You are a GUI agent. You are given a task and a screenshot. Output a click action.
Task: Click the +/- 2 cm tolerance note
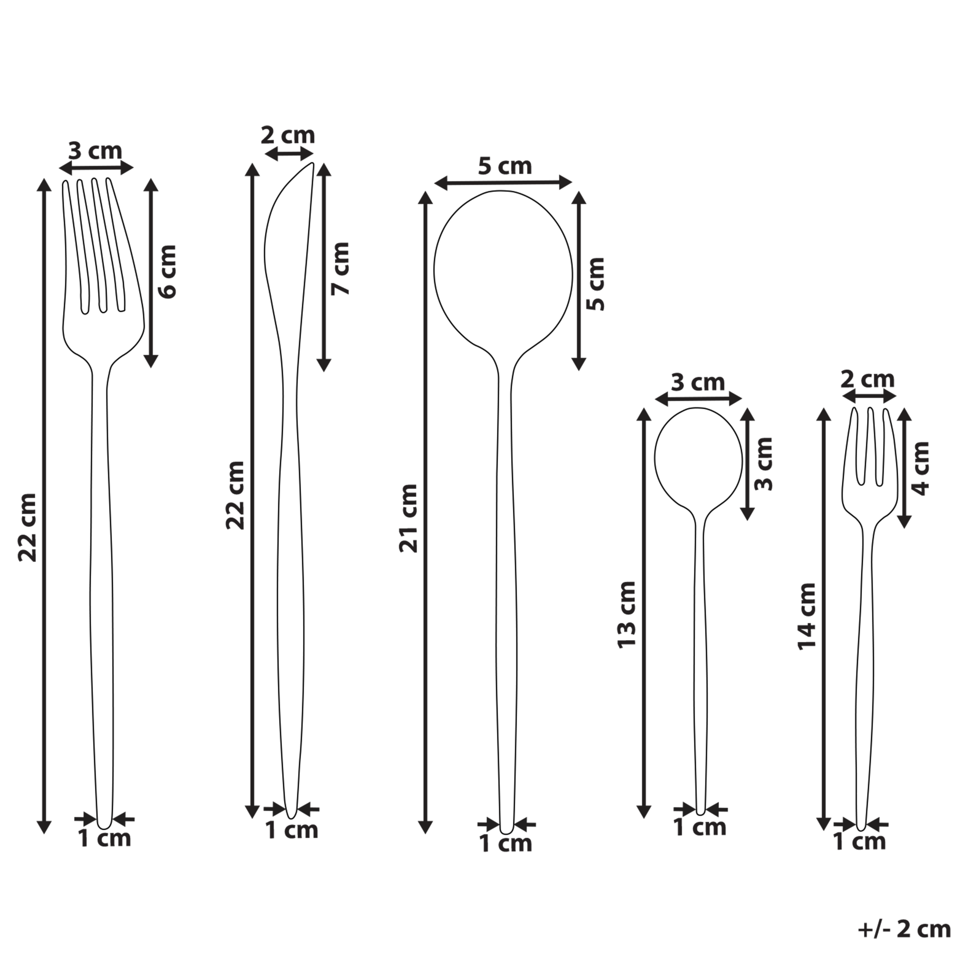[904, 929]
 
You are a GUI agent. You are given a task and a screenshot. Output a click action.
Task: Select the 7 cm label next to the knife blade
[340, 269]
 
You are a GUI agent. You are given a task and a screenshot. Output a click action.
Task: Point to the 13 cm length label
[627, 615]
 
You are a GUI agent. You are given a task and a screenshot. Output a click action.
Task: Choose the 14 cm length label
[807, 616]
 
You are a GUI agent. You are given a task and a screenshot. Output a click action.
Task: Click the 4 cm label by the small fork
[920, 468]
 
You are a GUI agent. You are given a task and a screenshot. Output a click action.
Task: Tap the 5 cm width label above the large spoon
[505, 166]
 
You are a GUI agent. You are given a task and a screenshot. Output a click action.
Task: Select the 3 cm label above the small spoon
[698, 383]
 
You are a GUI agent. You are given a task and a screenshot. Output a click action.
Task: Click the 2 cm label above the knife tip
[288, 136]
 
